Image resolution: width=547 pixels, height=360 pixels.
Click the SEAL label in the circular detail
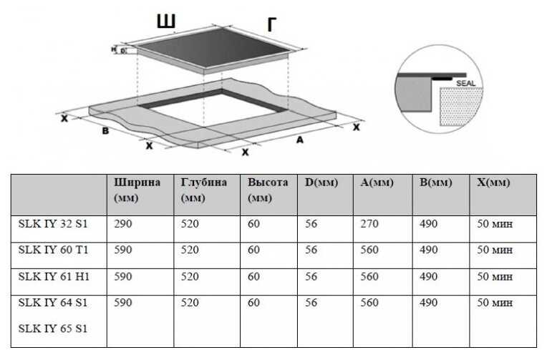click(466, 83)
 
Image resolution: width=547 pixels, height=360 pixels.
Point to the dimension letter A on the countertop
click(299, 140)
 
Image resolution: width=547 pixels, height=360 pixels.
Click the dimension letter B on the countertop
click(105, 132)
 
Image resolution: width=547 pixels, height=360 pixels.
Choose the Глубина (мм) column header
click(204, 190)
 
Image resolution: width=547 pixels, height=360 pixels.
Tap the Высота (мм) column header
click(268, 190)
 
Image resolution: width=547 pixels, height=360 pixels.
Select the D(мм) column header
click(321, 183)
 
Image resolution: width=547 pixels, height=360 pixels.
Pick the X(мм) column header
click(493, 183)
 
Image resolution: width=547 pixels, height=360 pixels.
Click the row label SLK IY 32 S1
click(52, 224)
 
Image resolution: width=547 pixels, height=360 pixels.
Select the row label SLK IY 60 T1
click(52, 250)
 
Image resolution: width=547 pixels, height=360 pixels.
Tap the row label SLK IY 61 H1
click(53, 276)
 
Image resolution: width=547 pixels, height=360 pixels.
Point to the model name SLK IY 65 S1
click(52, 329)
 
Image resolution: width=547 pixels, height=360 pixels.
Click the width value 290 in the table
click(123, 224)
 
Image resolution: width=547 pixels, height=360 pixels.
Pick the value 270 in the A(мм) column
click(369, 224)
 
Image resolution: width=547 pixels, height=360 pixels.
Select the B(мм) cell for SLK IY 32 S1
click(428, 224)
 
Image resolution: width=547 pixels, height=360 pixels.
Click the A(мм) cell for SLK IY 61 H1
click(369, 276)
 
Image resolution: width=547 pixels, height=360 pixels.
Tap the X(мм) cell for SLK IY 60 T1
click(495, 250)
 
